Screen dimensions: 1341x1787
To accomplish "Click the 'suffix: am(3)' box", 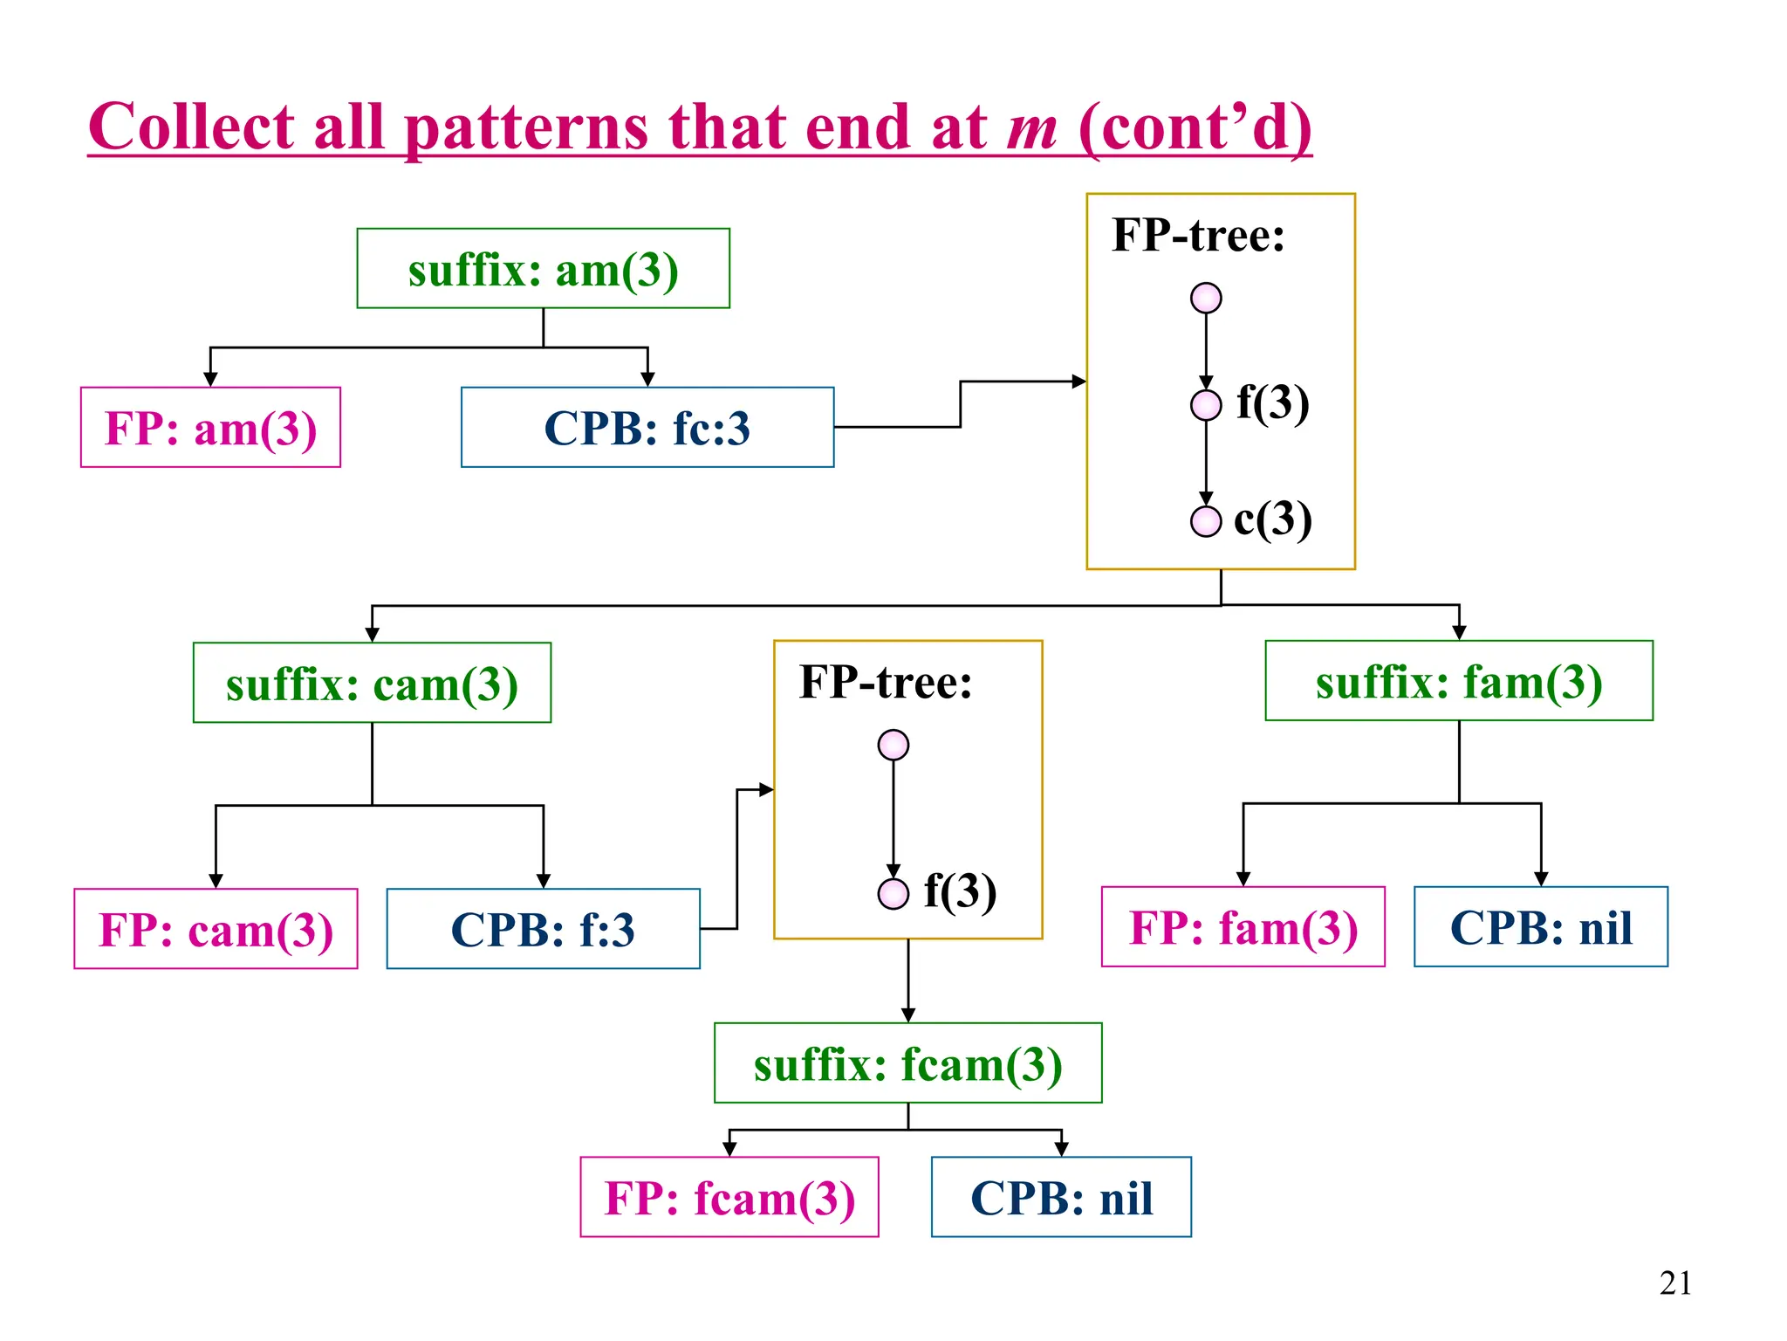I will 543,269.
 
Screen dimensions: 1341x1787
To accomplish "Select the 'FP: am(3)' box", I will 210,428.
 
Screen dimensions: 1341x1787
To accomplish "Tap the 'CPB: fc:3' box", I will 647,428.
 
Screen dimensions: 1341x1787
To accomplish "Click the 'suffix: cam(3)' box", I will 372,683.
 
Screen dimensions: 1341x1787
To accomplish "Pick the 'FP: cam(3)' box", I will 216,929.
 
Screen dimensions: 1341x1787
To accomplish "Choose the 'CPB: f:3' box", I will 543,929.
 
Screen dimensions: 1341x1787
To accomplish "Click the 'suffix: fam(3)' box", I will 1458,681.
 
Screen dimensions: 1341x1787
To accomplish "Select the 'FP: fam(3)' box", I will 1243,927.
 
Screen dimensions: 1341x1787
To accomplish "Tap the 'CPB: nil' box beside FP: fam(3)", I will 1540,927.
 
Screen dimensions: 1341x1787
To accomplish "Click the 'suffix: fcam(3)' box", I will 907,1063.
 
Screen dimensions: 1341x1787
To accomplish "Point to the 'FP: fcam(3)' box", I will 729,1197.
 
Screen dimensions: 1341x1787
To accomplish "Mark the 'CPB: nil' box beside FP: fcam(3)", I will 1060,1197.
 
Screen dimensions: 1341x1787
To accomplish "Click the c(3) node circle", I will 1205,521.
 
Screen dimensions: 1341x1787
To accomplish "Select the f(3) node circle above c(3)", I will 1205,405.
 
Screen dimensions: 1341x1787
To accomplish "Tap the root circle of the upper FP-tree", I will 1205,298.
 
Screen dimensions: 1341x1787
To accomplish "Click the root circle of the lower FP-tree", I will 893,745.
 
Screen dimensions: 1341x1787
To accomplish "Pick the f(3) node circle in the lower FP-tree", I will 893,893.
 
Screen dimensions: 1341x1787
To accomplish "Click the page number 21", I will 1674,1283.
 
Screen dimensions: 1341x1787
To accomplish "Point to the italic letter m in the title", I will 1031,127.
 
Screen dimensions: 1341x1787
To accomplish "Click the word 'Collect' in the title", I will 191,127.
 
